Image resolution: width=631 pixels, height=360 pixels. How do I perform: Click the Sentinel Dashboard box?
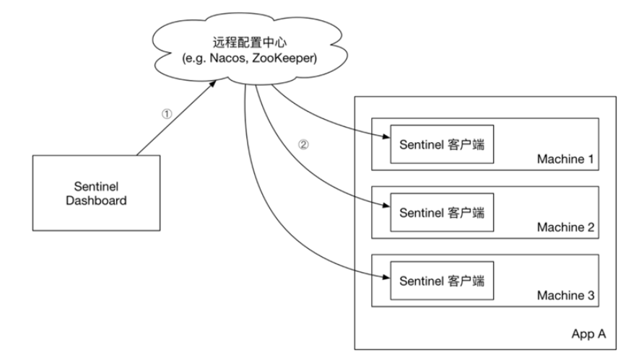(x=96, y=193)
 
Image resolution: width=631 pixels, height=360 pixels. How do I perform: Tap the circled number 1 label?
(x=167, y=114)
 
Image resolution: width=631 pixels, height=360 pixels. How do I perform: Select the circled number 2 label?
(x=303, y=144)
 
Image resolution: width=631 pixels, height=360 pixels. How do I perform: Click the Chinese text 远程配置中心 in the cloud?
(x=250, y=43)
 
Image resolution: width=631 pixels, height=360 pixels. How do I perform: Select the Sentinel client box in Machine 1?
(x=442, y=144)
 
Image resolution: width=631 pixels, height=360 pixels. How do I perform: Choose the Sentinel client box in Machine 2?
(x=442, y=212)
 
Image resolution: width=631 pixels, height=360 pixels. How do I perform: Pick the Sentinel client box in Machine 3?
(x=442, y=281)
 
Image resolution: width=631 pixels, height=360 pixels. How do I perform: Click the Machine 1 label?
(x=565, y=159)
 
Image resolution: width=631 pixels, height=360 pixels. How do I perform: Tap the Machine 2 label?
(x=565, y=227)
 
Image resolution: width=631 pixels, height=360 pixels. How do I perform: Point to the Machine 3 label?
(x=565, y=296)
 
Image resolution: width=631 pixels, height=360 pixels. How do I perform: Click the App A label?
(x=588, y=334)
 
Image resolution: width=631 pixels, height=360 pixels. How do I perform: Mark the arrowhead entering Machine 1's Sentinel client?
(x=386, y=137)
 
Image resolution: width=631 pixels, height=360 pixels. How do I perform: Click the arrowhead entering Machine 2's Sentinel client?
(x=386, y=206)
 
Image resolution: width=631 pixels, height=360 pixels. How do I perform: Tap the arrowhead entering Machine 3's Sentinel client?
(x=386, y=277)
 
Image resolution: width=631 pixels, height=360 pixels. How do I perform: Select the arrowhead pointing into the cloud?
(x=212, y=84)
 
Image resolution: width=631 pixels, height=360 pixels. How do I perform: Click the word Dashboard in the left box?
(x=96, y=201)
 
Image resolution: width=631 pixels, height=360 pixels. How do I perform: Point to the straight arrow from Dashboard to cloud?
(x=176, y=118)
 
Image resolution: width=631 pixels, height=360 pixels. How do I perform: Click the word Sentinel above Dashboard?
(x=96, y=186)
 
